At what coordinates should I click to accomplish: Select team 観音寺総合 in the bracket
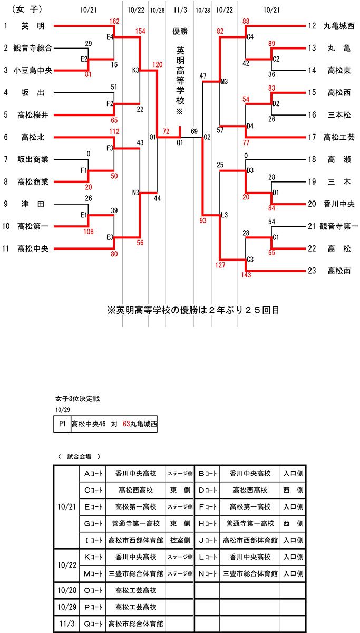coord(33,48)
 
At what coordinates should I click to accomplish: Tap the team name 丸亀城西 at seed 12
coord(339,26)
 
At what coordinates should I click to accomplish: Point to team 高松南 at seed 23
coord(339,271)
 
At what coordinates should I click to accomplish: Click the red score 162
coord(114,21)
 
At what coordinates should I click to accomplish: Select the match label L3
coord(224,215)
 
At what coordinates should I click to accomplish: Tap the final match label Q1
coord(180,142)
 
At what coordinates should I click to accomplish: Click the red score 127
coord(220,265)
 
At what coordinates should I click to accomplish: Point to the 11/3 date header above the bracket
coord(180,10)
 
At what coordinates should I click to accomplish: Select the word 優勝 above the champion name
coord(180,31)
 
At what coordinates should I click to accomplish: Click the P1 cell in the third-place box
coord(62,424)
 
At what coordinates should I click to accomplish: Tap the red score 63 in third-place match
coord(126,424)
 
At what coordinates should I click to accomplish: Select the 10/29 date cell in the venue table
coord(66,607)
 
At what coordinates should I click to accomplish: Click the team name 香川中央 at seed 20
coord(339,204)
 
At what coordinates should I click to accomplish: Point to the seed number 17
coord(312,137)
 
